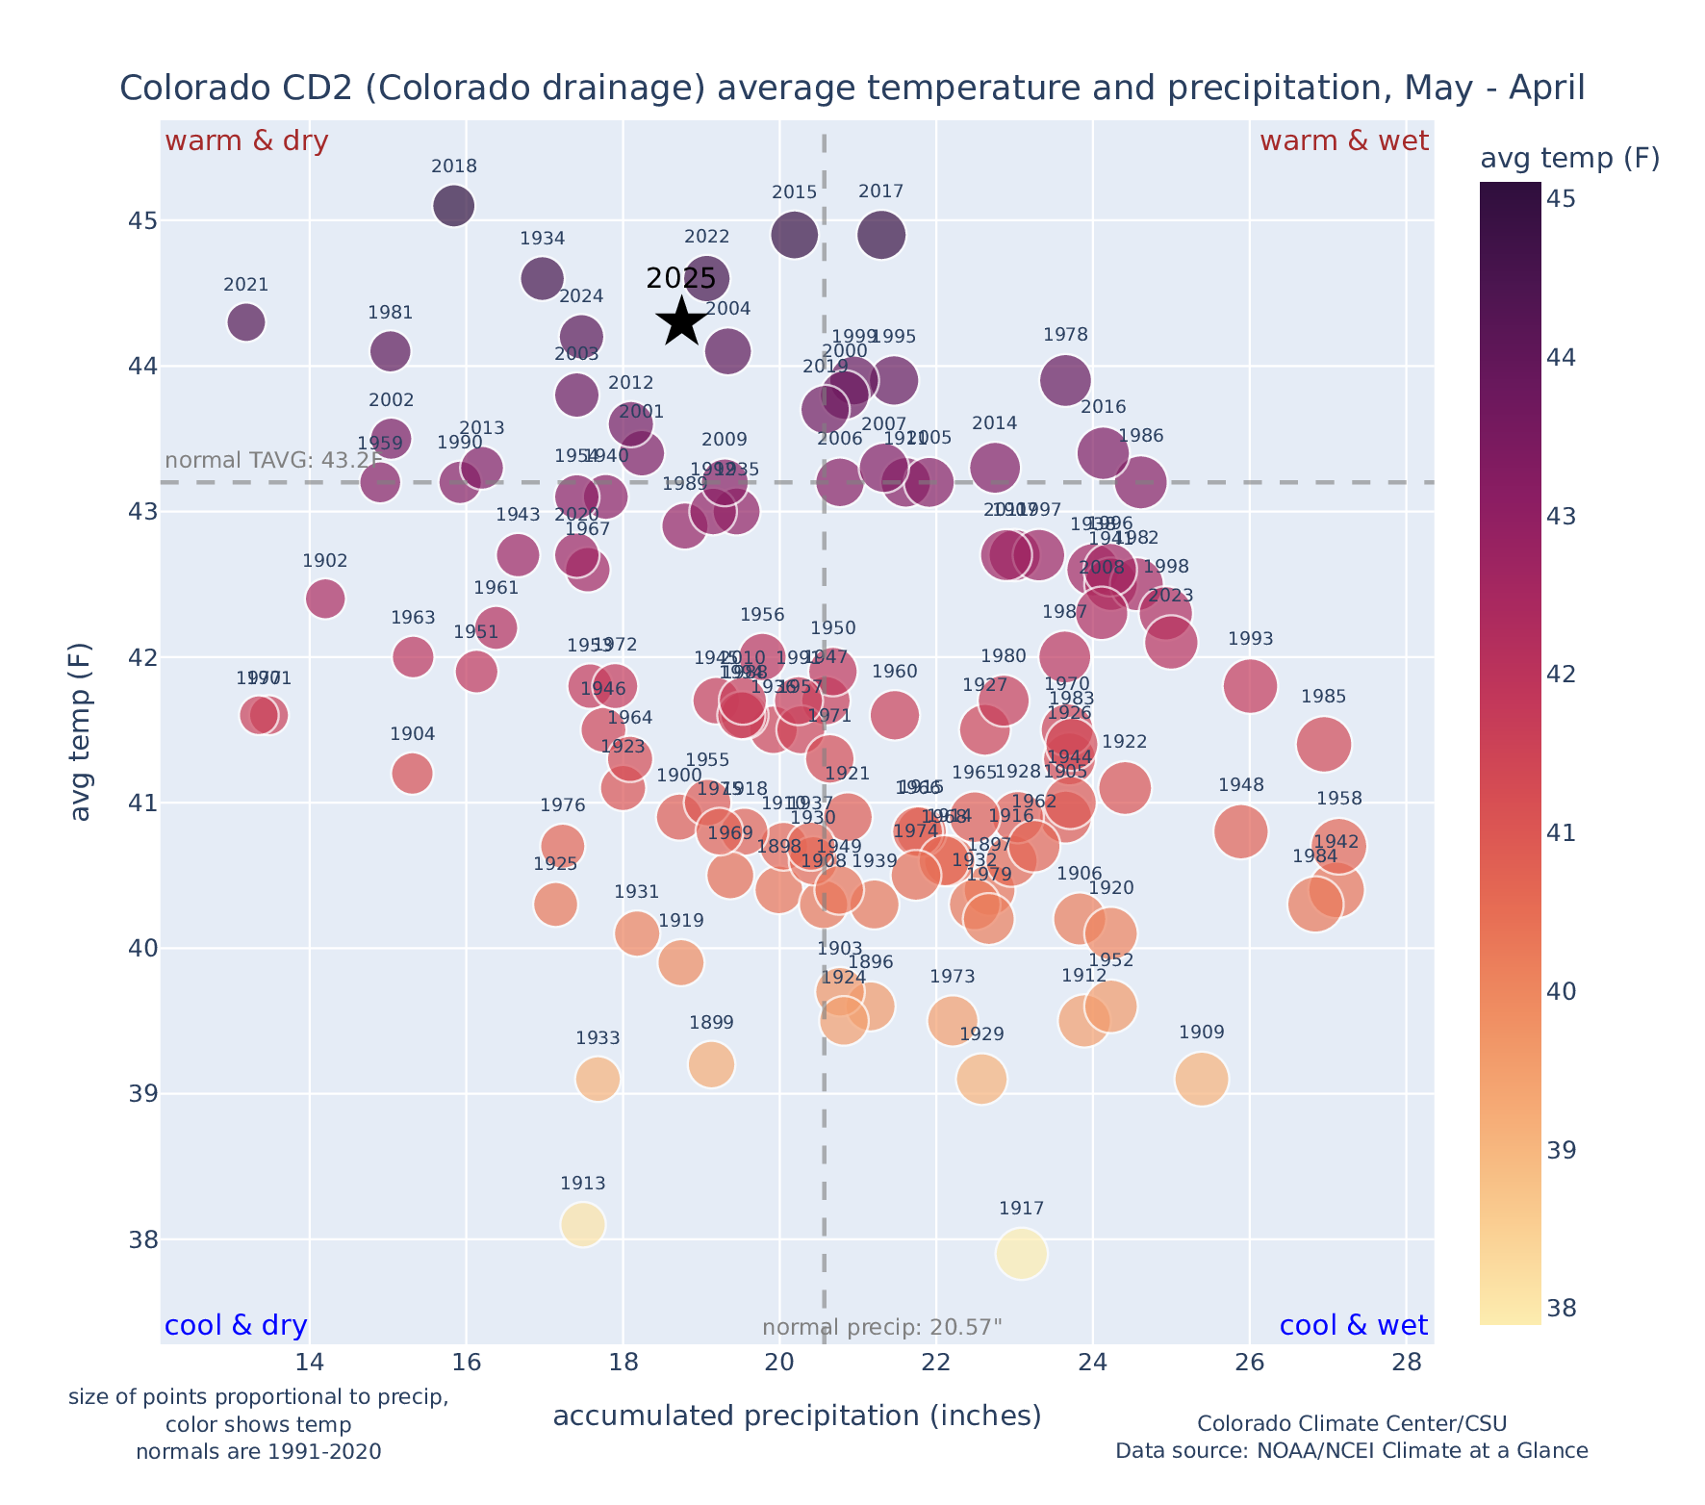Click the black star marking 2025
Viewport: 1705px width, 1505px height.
click(x=681, y=320)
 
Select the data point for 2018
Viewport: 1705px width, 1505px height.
click(x=453, y=205)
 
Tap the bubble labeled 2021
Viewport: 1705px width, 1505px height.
click(x=246, y=321)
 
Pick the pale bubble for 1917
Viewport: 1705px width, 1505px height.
click(x=1022, y=1254)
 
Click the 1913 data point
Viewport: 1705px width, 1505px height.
click(x=582, y=1224)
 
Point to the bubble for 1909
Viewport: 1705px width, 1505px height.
click(x=1201, y=1079)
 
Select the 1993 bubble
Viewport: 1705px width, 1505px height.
click(x=1250, y=686)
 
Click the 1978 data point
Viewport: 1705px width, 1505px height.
click(x=1065, y=380)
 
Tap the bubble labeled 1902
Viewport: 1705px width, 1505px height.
click(x=325, y=599)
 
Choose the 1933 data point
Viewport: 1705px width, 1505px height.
click(x=598, y=1079)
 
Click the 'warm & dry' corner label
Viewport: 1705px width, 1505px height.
click(x=246, y=141)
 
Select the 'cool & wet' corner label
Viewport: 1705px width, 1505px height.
click(x=1353, y=1326)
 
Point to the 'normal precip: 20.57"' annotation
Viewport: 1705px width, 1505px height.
click(x=881, y=1328)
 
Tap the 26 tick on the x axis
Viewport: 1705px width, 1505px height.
click(x=1249, y=1363)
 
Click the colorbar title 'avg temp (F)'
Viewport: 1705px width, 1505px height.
click(x=1569, y=158)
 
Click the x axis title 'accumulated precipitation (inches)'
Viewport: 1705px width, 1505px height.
click(x=797, y=1416)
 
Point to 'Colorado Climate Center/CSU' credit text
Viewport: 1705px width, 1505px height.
click(x=1352, y=1423)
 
